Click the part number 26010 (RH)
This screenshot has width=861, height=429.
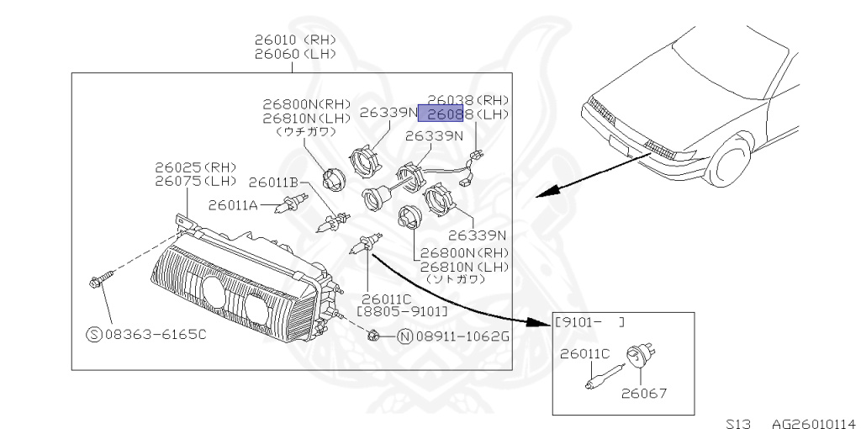tap(296, 40)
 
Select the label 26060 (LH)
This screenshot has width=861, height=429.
tap(296, 54)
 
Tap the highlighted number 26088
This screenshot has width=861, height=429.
tap(445, 114)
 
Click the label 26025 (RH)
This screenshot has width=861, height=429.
tap(195, 167)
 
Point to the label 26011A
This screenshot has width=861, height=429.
tap(232, 204)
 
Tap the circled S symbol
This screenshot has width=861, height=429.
tap(94, 334)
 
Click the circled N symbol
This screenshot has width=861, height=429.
tap(404, 337)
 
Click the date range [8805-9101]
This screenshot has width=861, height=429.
tap(402, 311)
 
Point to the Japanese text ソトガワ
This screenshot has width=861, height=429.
tap(456, 278)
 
